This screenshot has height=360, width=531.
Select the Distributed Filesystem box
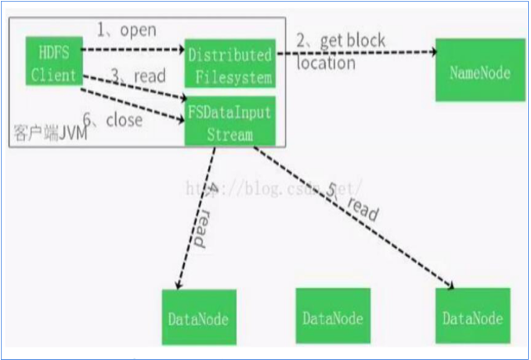[229, 66]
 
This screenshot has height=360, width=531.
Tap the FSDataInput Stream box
[229, 122]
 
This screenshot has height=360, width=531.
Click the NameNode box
[480, 73]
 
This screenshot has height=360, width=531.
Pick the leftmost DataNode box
[198, 317]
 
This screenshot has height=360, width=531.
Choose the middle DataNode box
[332, 317]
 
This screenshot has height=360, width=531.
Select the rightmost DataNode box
[472, 317]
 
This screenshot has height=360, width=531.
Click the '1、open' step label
[126, 30]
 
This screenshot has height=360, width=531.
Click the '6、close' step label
[114, 120]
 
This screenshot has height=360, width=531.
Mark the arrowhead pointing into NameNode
[433, 52]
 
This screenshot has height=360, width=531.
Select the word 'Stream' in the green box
[229, 134]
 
